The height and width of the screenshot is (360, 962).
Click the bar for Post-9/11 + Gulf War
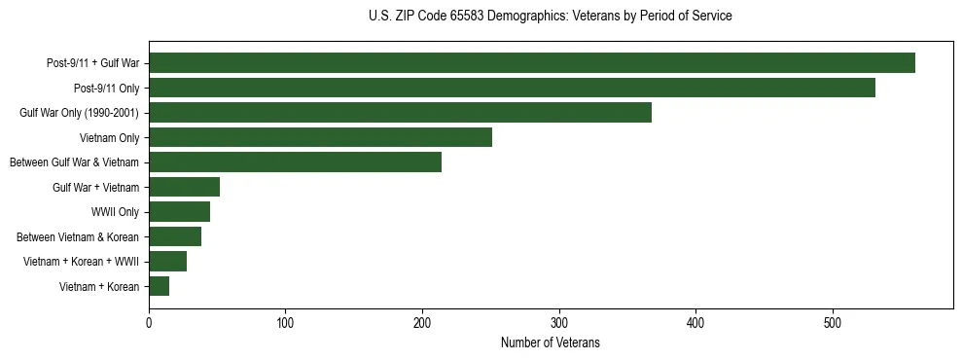pos(532,63)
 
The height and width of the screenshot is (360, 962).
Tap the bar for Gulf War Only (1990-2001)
pos(400,113)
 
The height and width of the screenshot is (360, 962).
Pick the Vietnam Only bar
pos(320,137)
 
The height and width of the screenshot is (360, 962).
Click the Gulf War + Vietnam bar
pos(184,187)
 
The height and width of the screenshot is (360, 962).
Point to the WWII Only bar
pos(179,212)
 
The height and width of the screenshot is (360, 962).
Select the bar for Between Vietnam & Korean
pos(175,236)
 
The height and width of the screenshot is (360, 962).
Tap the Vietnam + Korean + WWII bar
pos(167,262)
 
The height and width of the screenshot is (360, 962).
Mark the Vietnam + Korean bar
pos(159,286)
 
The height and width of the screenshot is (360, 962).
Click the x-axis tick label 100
pos(285,324)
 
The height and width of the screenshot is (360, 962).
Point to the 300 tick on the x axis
pos(559,324)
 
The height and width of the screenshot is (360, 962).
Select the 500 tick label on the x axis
pos(833,324)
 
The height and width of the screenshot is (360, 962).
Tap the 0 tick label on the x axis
pos(149,324)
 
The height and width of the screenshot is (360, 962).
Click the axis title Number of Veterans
pos(551,343)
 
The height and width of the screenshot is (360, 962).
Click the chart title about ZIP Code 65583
pos(551,17)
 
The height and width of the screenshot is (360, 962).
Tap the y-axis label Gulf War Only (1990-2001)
pos(79,113)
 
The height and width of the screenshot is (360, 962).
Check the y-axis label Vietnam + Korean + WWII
pos(81,262)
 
